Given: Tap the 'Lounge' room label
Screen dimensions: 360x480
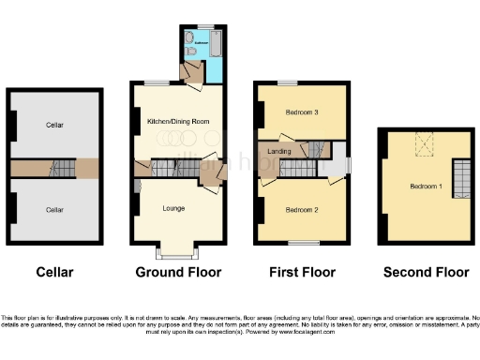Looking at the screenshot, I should [173, 208].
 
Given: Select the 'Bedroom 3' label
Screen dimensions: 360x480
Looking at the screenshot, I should [303, 112].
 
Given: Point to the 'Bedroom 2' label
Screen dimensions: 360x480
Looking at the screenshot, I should [303, 208].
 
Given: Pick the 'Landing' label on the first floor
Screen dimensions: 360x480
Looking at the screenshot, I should [278, 151].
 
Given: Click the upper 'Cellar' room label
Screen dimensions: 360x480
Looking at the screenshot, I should [54, 124].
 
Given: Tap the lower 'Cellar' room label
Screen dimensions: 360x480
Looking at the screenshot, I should [54, 210].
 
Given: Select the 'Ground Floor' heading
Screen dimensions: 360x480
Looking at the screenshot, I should [178, 273].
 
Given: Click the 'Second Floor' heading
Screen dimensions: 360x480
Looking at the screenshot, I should [426, 273].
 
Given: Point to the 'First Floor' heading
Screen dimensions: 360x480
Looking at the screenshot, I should [303, 273].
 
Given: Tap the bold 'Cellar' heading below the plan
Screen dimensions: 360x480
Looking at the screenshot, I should [54, 273].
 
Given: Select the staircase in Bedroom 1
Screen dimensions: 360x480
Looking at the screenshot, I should [459, 177].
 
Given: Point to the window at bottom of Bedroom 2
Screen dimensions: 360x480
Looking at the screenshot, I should [303, 243].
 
